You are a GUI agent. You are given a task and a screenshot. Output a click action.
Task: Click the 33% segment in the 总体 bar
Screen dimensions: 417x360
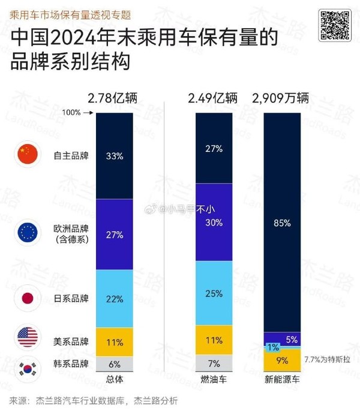coord(115,155)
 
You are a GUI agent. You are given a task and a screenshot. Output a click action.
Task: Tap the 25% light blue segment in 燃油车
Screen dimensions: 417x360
coord(212,294)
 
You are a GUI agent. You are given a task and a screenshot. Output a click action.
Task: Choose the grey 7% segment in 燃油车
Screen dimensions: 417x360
coord(212,364)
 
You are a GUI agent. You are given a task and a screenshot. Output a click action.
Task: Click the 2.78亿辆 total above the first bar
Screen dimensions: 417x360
coord(116,98)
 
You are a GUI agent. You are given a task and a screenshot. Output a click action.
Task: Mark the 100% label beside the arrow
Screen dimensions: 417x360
coord(71,112)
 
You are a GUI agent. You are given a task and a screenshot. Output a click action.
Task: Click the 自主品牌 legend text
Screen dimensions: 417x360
coord(71,156)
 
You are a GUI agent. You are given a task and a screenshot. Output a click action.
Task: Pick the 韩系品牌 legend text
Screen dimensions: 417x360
coord(71,364)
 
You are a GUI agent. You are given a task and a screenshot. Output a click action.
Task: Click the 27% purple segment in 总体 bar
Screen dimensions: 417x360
coord(115,234)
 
